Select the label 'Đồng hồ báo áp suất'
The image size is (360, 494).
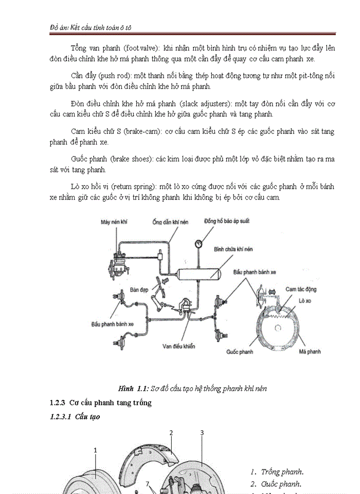tap(224, 222)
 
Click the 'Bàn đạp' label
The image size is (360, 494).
tap(139, 290)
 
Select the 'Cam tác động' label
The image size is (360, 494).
tap(301, 290)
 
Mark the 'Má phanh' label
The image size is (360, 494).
tap(310, 352)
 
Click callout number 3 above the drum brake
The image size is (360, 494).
tap(202, 433)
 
